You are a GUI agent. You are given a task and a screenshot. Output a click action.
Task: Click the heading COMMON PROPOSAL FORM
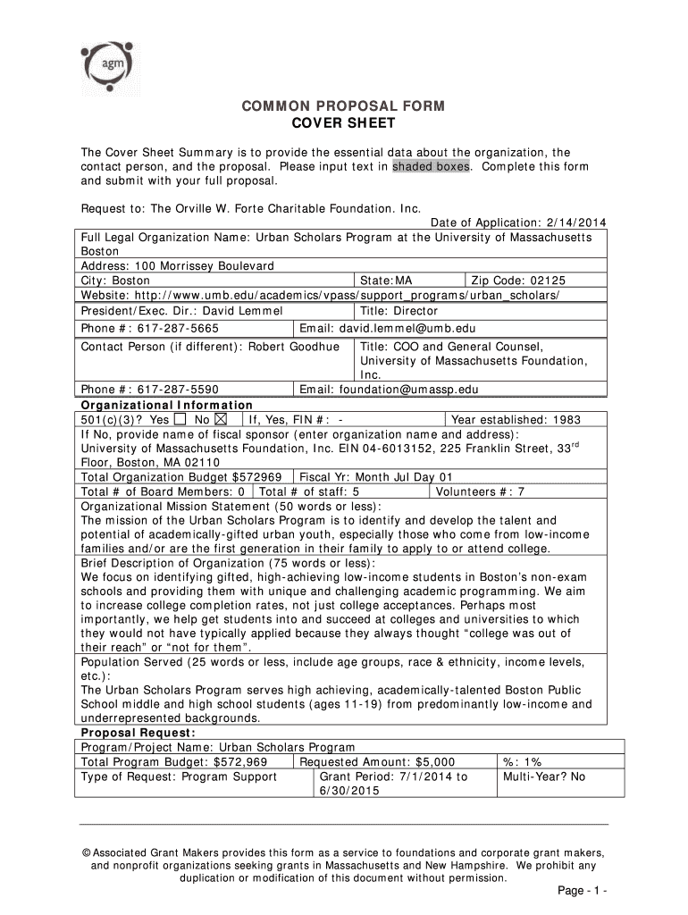click(x=343, y=106)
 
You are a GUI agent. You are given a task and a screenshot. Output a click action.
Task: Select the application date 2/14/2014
click(x=578, y=223)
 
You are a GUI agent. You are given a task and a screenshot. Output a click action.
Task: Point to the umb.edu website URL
click(x=321, y=295)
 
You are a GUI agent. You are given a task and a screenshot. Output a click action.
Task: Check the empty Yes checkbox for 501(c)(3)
click(x=181, y=419)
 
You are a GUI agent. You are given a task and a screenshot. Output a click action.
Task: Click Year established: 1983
click(x=516, y=419)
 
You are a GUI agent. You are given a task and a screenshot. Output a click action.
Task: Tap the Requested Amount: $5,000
click(x=376, y=762)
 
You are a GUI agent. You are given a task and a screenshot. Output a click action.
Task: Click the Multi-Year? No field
click(x=543, y=776)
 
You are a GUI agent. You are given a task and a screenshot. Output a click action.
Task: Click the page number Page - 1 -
click(x=583, y=893)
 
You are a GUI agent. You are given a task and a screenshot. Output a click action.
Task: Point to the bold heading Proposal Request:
click(x=131, y=733)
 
